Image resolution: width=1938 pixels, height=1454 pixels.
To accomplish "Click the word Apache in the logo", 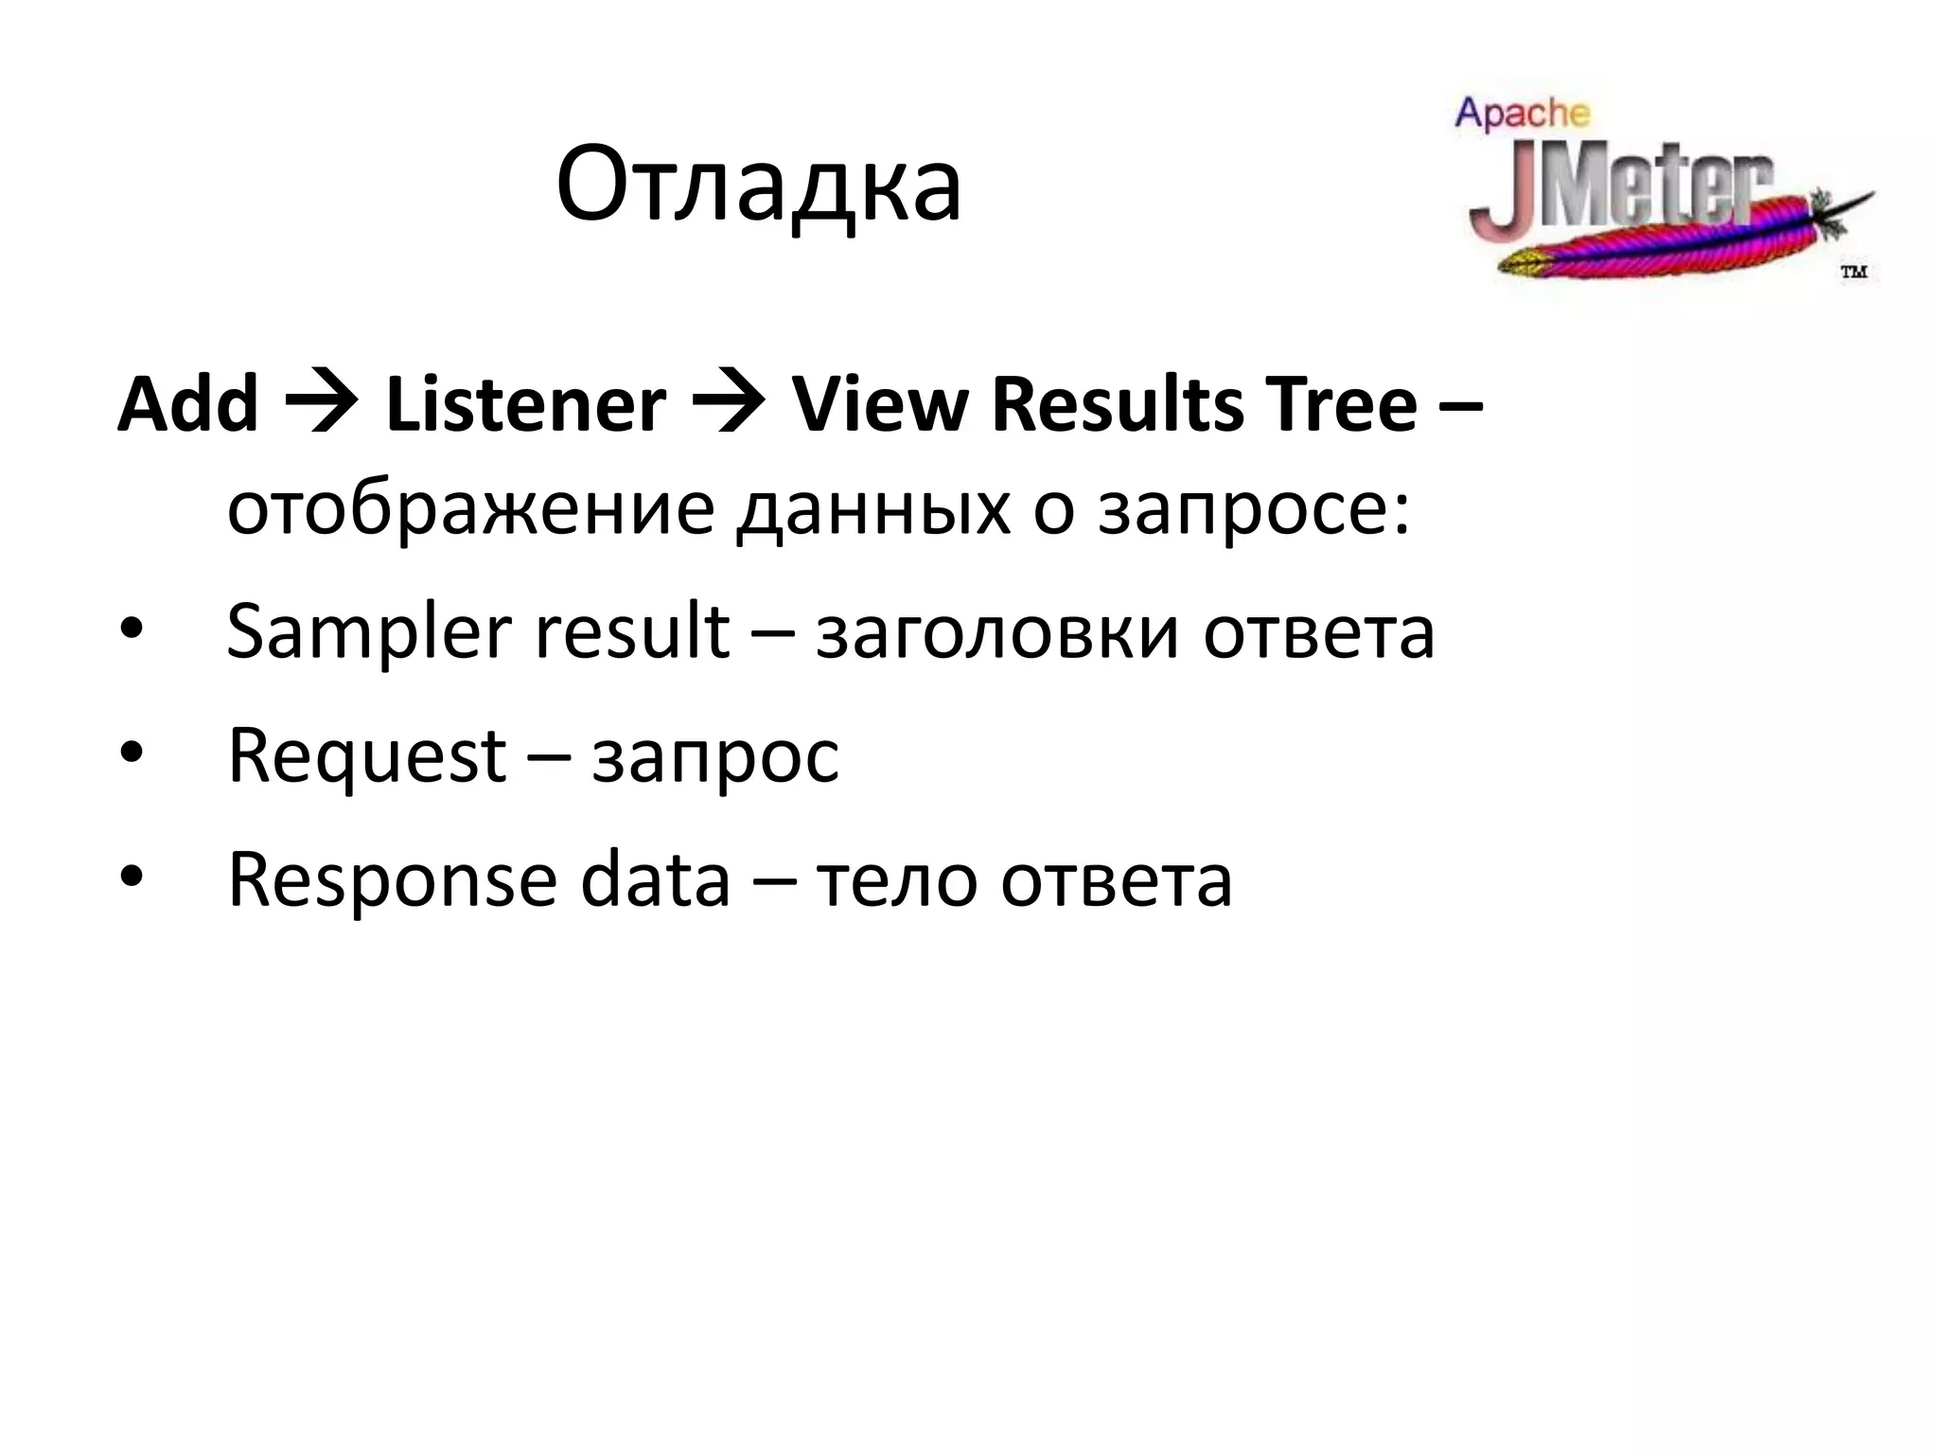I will [1523, 113].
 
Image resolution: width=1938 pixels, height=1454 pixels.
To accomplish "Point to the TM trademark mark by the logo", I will [1853, 272].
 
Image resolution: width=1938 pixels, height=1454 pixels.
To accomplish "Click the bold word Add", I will [187, 404].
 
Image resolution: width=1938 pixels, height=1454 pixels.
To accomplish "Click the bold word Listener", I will [525, 404].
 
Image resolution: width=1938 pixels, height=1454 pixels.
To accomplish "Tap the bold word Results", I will [1118, 404].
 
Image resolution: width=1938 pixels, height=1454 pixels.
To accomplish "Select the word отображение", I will [470, 508].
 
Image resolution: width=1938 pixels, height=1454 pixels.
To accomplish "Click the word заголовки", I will [997, 632].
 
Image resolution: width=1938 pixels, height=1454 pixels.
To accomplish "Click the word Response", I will [392, 880].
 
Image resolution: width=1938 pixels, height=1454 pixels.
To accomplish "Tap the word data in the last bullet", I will [655, 878].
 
